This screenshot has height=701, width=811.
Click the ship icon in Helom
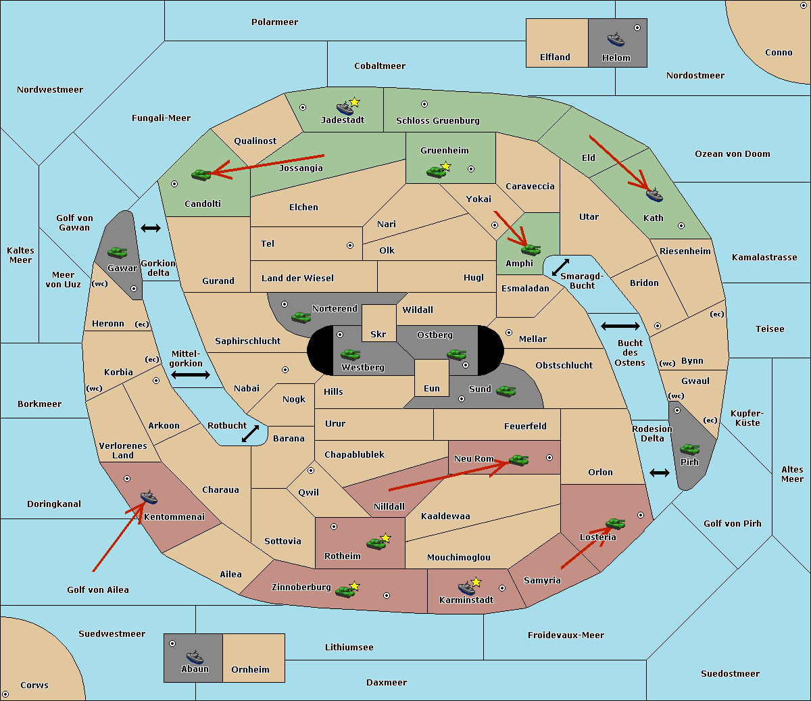click(616, 39)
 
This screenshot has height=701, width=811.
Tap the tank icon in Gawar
click(118, 252)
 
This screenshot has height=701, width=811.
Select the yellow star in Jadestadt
click(354, 102)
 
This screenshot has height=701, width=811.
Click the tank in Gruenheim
click(437, 172)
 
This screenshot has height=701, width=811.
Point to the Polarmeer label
click(274, 22)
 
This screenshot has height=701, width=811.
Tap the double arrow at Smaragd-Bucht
click(560, 267)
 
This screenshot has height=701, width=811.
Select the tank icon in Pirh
click(689, 449)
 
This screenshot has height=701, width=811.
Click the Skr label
click(378, 334)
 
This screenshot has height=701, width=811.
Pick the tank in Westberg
click(350, 354)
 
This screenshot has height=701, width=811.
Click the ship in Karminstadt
click(466, 587)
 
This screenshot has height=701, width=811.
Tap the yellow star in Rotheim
click(385, 537)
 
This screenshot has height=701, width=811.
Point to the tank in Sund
click(506, 391)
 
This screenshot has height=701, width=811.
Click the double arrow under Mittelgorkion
click(191, 374)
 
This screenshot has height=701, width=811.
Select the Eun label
click(432, 388)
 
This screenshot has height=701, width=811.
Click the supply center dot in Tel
click(350, 245)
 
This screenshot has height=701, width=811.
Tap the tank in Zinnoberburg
click(345, 591)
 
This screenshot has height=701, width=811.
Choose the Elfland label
click(555, 57)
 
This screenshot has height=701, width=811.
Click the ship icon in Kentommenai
click(149, 496)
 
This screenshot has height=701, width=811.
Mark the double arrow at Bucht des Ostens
click(620, 326)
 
